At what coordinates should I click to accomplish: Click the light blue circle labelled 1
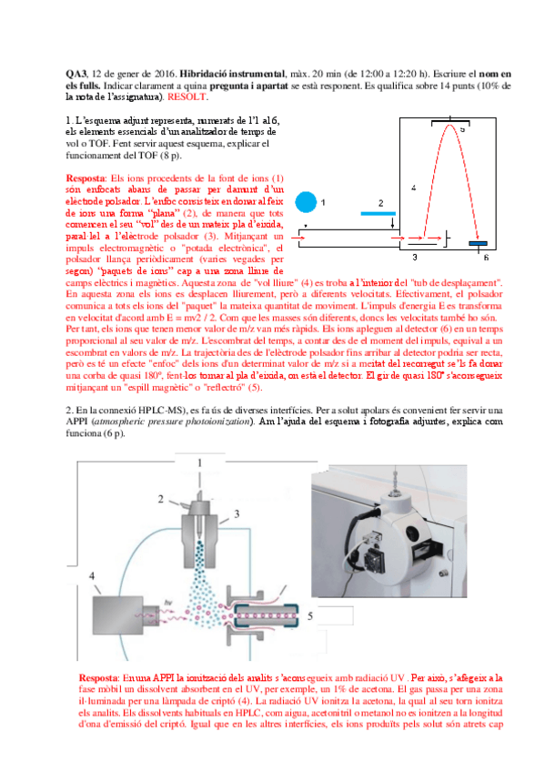coord(308,201)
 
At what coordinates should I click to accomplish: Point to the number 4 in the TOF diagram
coord(413,188)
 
